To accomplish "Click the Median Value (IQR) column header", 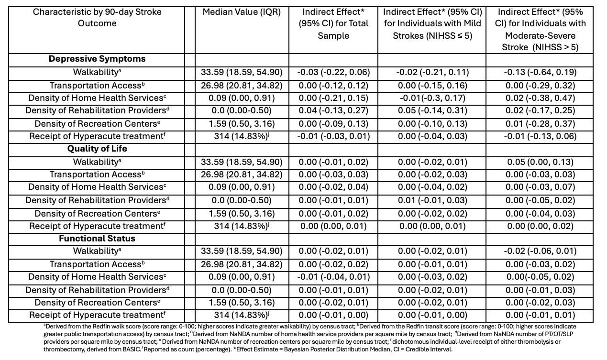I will tap(242, 11).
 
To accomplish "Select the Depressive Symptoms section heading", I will tap(97, 59).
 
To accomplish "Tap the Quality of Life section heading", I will tap(97, 149).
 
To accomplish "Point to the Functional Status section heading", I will tap(97, 238).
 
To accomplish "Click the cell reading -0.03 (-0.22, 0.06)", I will tap(333, 72).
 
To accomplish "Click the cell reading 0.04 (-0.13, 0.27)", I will tap(333, 111).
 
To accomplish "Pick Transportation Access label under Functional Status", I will tap(97, 264).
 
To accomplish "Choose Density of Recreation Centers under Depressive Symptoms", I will tap(97, 124).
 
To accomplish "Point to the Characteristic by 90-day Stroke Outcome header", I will tap(97, 17).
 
